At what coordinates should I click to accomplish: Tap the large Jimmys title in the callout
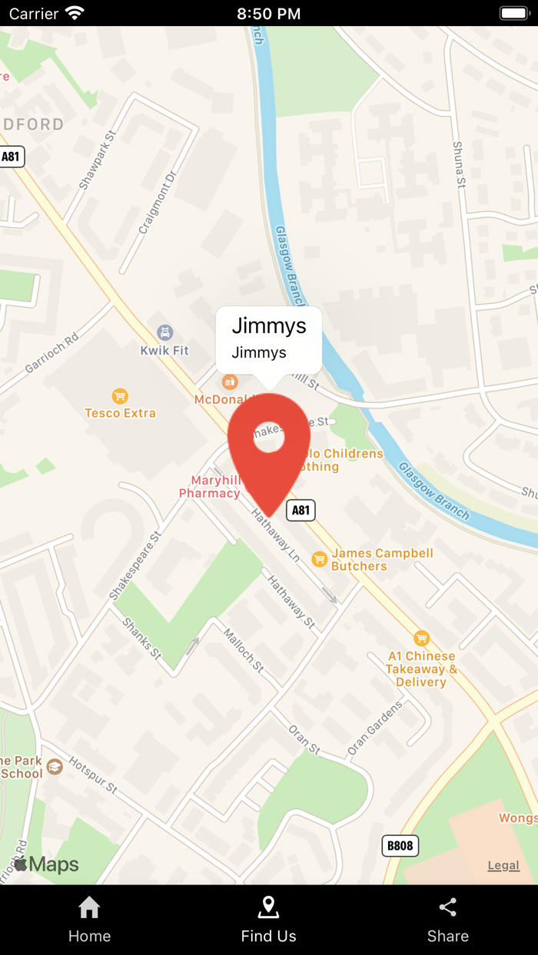point(269,325)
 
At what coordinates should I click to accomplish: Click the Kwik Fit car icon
point(164,332)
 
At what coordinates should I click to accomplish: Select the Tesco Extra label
point(121,413)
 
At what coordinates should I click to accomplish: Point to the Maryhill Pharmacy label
point(210,487)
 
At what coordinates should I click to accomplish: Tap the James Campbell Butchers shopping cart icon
point(320,559)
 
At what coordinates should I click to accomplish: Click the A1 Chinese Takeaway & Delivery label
point(421,669)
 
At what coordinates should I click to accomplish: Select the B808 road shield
point(400,846)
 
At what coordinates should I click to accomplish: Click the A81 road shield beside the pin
point(301,510)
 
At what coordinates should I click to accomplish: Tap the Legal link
point(503,865)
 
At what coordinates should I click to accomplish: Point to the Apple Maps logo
point(46,864)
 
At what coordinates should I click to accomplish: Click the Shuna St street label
point(459,164)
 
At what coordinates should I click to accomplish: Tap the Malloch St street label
point(244,650)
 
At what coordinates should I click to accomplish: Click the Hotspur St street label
point(93,775)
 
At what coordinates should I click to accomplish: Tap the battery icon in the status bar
point(515,13)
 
